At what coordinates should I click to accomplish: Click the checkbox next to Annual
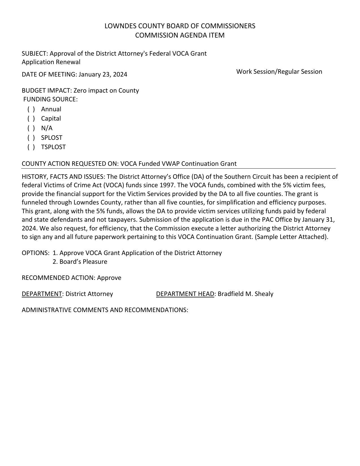31,109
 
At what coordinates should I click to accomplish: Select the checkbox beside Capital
31,119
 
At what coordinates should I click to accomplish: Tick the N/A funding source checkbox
31,128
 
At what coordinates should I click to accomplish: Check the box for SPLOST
31,138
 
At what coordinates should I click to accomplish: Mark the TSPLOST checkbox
31,147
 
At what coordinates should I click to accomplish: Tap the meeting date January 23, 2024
103,75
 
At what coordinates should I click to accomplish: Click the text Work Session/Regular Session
279,72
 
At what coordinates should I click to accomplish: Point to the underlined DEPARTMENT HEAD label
185,294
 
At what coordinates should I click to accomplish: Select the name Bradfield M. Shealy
245,294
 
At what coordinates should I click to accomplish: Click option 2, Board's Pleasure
80,262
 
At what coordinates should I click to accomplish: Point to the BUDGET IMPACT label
46,91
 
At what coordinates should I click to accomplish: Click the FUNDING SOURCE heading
50,99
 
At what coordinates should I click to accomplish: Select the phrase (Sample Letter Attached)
291,237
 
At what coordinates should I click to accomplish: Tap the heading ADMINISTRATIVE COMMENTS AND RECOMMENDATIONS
105,310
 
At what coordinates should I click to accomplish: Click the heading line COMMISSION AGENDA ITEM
180,35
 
